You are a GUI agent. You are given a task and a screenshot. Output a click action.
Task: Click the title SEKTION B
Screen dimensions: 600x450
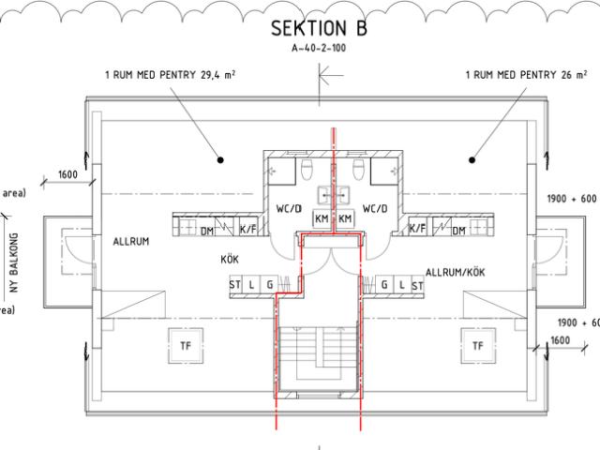pos(319,28)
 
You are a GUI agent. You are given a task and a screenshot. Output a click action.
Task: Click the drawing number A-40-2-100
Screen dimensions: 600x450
pos(319,48)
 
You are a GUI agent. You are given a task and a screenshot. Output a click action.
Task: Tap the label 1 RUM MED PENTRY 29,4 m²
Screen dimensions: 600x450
pos(170,75)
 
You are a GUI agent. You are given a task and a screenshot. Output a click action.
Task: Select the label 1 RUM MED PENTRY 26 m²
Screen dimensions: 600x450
pos(526,75)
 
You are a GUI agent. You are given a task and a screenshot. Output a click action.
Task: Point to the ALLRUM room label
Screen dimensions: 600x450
pos(131,242)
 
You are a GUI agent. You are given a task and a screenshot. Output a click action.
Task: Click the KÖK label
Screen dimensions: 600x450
pos(230,259)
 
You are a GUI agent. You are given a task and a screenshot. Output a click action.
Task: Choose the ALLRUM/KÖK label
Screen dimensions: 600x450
pos(455,273)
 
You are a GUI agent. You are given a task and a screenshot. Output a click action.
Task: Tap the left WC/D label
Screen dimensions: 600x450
pos(289,208)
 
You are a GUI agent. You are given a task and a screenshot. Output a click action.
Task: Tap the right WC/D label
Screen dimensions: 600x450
pos(375,208)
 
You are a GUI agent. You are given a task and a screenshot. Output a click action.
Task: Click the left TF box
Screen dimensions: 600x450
pos(186,346)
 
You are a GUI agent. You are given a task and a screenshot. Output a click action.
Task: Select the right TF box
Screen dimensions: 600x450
pos(478,346)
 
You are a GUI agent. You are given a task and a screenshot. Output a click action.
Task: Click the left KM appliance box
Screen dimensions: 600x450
pos(322,218)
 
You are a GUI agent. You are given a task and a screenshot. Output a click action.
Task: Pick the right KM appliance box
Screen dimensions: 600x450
pos(345,218)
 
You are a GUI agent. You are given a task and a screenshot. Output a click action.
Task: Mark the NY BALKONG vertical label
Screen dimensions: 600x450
pos(14,262)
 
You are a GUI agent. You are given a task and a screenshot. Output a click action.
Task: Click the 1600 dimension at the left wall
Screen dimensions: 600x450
pos(67,174)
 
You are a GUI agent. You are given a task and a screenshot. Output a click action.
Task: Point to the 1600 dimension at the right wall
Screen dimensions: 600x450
pos(561,340)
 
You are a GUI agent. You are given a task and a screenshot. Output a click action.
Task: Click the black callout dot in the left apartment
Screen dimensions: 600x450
pos(220,160)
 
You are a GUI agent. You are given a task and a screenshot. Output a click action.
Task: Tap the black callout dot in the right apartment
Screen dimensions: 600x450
pos(472,160)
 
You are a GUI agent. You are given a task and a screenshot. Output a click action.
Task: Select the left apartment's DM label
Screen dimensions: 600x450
pos(207,231)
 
